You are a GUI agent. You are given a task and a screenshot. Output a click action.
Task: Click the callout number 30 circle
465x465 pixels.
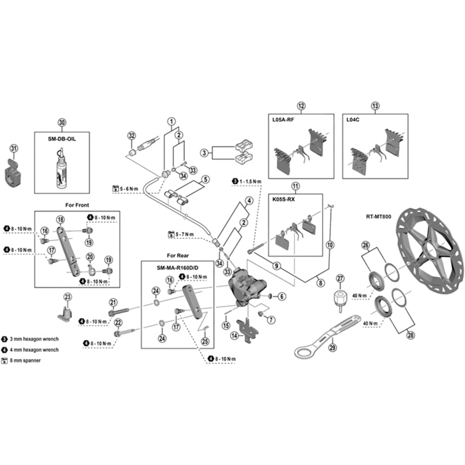(62, 122)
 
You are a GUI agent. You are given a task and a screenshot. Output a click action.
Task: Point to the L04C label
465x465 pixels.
(353, 120)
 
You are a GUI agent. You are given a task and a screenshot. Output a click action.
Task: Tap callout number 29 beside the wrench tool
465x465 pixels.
(332, 348)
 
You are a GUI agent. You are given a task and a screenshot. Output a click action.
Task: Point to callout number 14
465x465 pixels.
(234, 335)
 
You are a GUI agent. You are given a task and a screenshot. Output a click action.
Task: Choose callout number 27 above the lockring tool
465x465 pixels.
(341, 278)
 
